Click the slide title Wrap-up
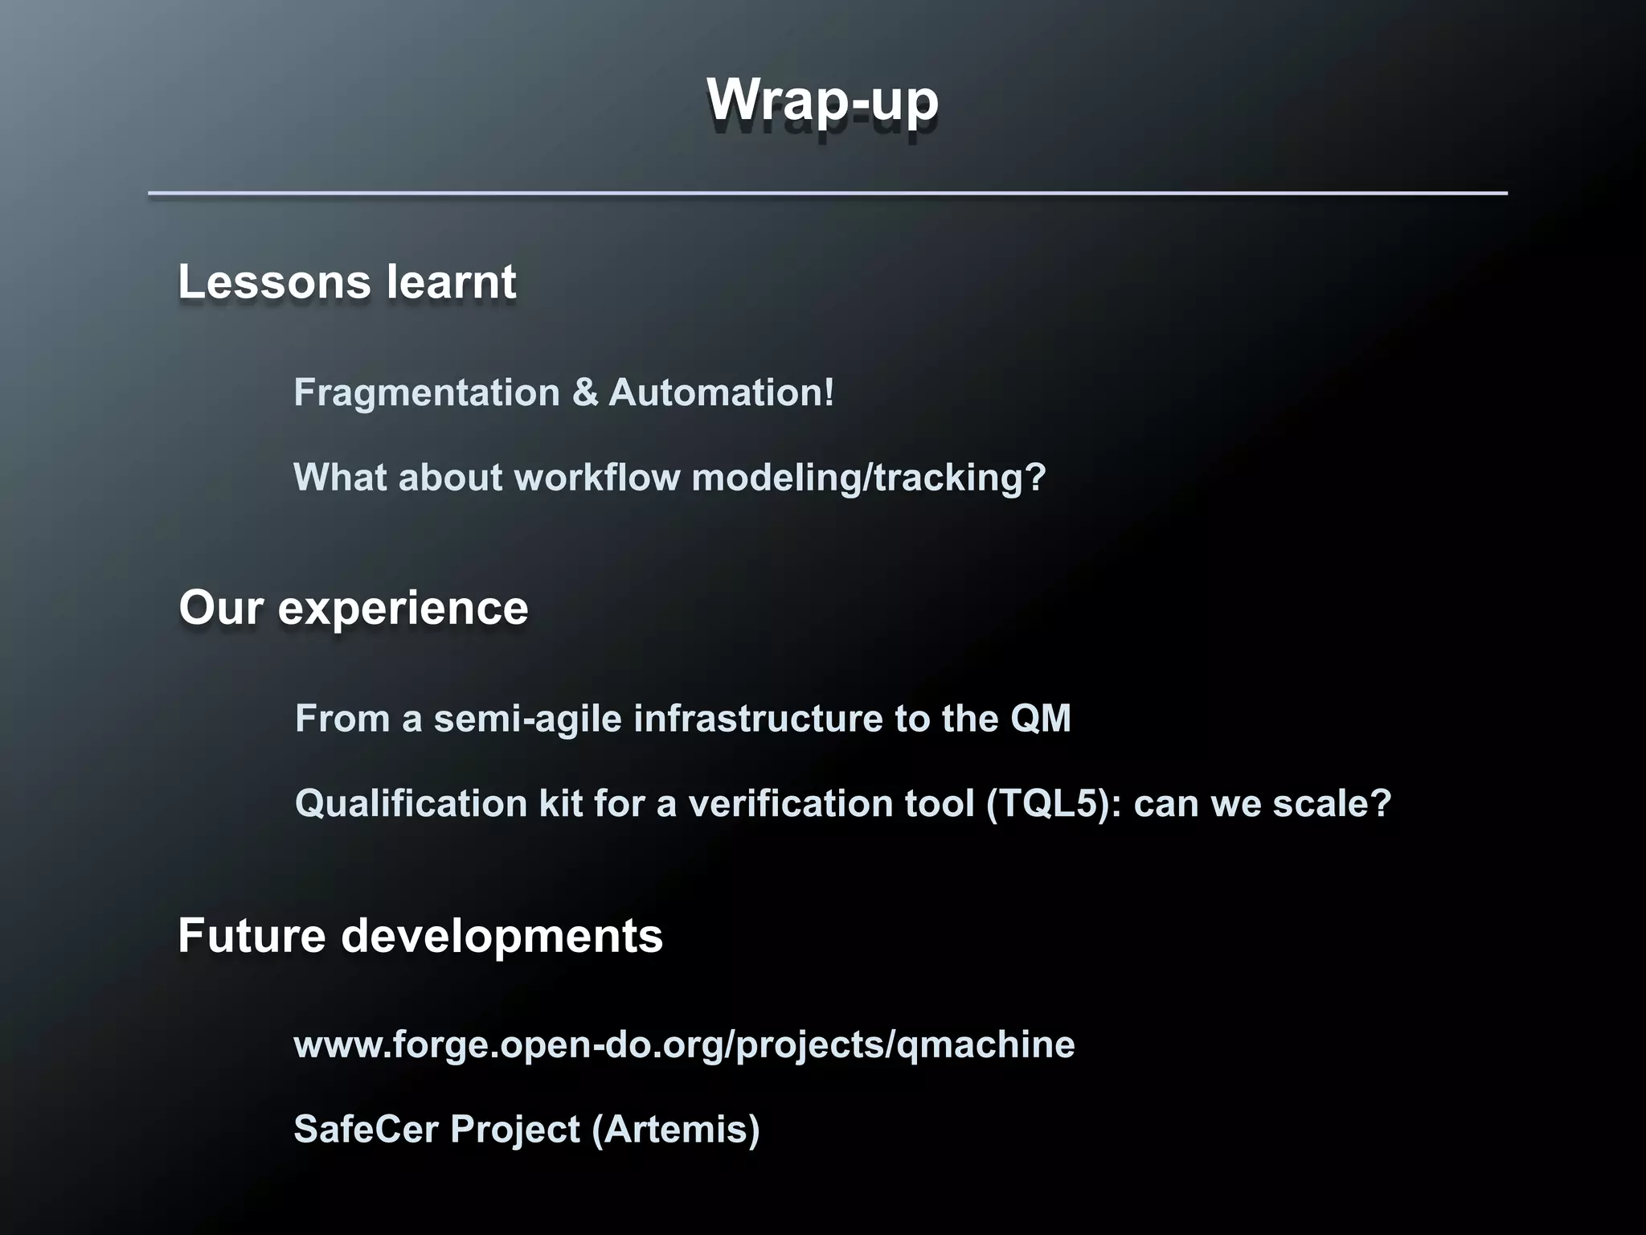822,101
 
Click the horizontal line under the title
827,193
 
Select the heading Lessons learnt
346,282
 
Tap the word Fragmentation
427,393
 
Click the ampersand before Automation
585,393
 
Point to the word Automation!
722,393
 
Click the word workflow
597,478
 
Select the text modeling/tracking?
869,478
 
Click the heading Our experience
353,608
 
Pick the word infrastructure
759,718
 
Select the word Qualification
411,803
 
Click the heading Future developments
420,936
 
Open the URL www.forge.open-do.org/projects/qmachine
684,1045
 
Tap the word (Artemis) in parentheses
675,1130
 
